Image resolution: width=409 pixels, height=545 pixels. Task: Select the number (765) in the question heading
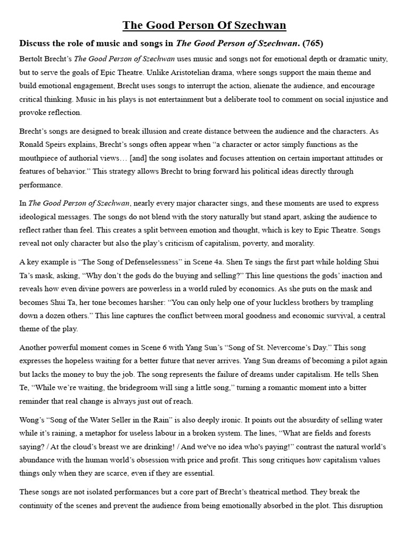click(313, 43)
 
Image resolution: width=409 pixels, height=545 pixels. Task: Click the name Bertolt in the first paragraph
click(31, 58)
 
